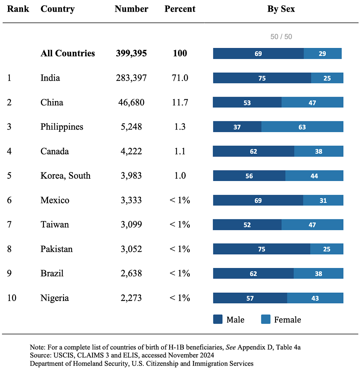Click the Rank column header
click(x=18, y=9)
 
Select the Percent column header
click(x=180, y=9)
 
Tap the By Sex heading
click(x=281, y=9)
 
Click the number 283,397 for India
click(x=131, y=78)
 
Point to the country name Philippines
click(x=62, y=127)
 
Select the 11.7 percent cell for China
click(x=180, y=102)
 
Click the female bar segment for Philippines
click(x=302, y=127)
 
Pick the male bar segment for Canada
click(x=253, y=151)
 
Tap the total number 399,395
click(x=131, y=53)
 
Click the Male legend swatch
click(x=218, y=319)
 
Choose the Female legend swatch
click(x=266, y=319)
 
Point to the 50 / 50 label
click(x=281, y=37)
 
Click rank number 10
click(x=12, y=298)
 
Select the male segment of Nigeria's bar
click(x=250, y=298)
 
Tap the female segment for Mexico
click(x=323, y=200)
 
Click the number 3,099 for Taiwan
click(x=131, y=224)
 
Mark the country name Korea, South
click(x=65, y=176)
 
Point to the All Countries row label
click(x=68, y=53)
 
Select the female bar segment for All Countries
click(x=323, y=53)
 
